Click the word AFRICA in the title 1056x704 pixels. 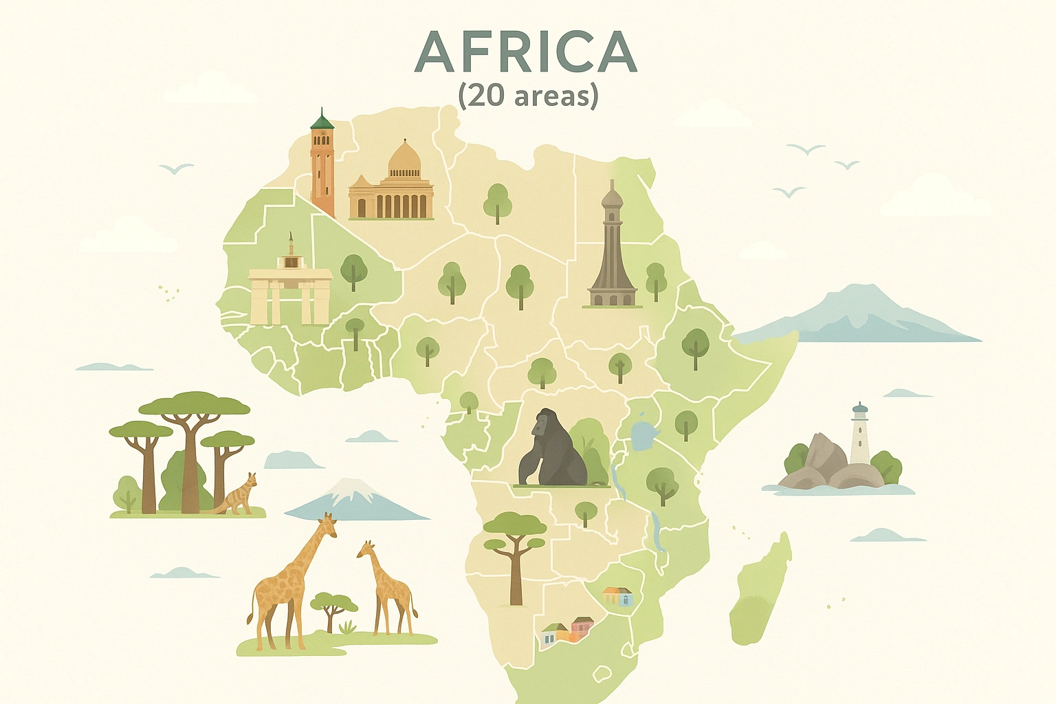526,52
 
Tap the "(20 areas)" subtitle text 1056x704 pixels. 528,95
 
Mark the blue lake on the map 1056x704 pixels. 643,434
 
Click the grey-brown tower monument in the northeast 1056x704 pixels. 612,247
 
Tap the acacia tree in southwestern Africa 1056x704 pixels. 515,550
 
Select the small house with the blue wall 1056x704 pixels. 618,596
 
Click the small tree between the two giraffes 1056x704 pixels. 333,608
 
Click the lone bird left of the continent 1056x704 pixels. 176,168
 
